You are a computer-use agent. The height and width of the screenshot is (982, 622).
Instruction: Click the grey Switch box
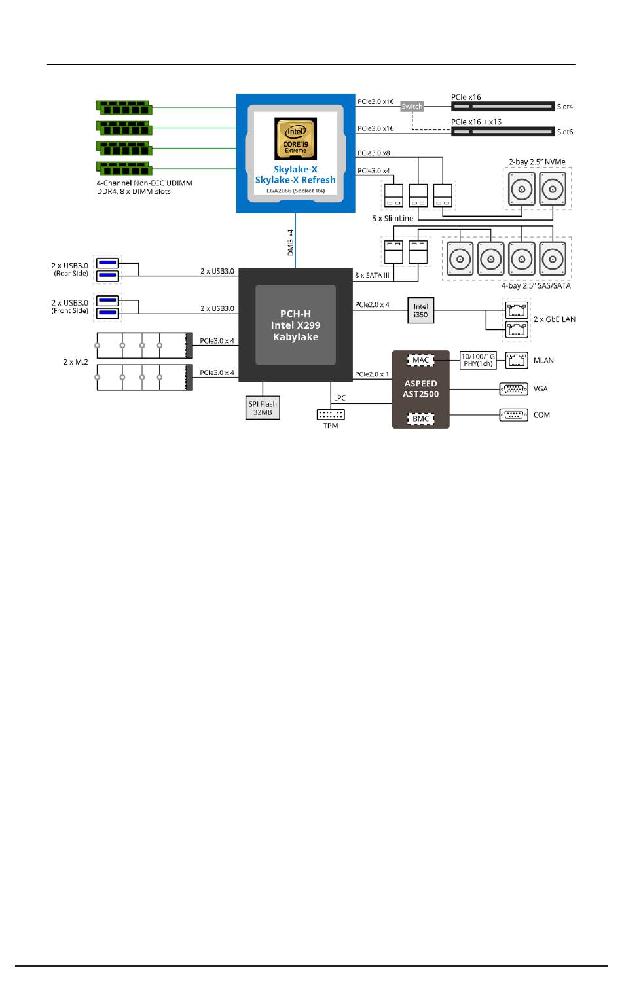coord(412,107)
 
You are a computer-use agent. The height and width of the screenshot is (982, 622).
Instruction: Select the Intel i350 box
coord(421,310)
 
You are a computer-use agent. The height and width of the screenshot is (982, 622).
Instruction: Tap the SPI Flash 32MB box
coord(263,408)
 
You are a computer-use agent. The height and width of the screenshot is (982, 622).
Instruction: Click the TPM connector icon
coord(331,414)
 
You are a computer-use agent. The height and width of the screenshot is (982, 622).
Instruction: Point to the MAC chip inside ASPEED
coord(420,360)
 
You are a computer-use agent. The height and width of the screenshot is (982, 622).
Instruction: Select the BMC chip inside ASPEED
coord(420,419)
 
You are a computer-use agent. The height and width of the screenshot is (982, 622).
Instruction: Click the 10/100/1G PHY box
coord(478,360)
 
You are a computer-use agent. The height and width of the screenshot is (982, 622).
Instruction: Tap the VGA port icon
coord(513,389)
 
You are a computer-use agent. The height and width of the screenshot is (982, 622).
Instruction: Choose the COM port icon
coord(513,414)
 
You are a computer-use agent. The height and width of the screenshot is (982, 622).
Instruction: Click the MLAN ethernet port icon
coord(517,360)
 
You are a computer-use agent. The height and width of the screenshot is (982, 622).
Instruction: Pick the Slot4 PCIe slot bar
coord(503,107)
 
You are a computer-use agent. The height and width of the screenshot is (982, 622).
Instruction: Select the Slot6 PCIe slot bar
coord(503,132)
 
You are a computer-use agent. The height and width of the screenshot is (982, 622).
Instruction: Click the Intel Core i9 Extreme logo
coord(295,139)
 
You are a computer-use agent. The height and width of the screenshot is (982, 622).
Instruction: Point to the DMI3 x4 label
coord(290,242)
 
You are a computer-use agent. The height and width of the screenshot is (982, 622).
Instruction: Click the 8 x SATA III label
coord(372,276)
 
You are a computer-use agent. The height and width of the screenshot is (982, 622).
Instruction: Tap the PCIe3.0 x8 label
coord(373,153)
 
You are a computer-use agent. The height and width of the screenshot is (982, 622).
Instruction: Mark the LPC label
coord(340,398)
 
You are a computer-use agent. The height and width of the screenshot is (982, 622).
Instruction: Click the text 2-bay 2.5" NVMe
coord(537,162)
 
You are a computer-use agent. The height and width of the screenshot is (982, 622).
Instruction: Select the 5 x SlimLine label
coord(392,218)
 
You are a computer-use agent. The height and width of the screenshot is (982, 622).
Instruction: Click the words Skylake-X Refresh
coord(295,180)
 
